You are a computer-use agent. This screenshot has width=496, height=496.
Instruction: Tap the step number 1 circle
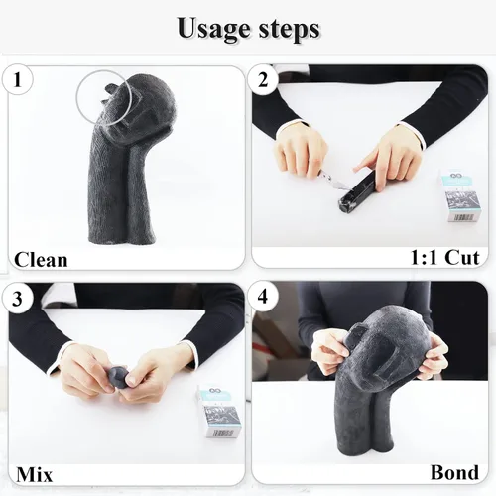pyautogui.click(x=18, y=79)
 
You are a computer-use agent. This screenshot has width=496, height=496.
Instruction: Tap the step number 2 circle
pyautogui.click(x=263, y=80)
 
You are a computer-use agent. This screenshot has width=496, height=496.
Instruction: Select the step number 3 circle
pyautogui.click(x=17, y=298)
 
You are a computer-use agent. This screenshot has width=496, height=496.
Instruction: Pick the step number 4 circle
pyautogui.click(x=263, y=297)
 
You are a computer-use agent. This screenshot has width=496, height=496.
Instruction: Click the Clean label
pyautogui.click(x=41, y=260)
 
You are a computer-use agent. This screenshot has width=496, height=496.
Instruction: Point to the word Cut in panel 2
pyautogui.click(x=462, y=257)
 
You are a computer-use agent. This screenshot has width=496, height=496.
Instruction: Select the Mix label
pyautogui.click(x=35, y=475)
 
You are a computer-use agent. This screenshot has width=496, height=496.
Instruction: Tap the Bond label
pyautogui.click(x=454, y=472)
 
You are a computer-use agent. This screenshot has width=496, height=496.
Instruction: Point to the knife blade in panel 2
pyautogui.click(x=338, y=184)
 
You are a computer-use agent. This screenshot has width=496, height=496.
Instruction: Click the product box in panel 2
pyautogui.click(x=459, y=195)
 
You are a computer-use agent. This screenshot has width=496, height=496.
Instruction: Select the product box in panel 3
pyautogui.click(x=218, y=411)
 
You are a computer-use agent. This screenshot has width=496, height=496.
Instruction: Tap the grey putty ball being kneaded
pyautogui.click(x=119, y=377)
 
